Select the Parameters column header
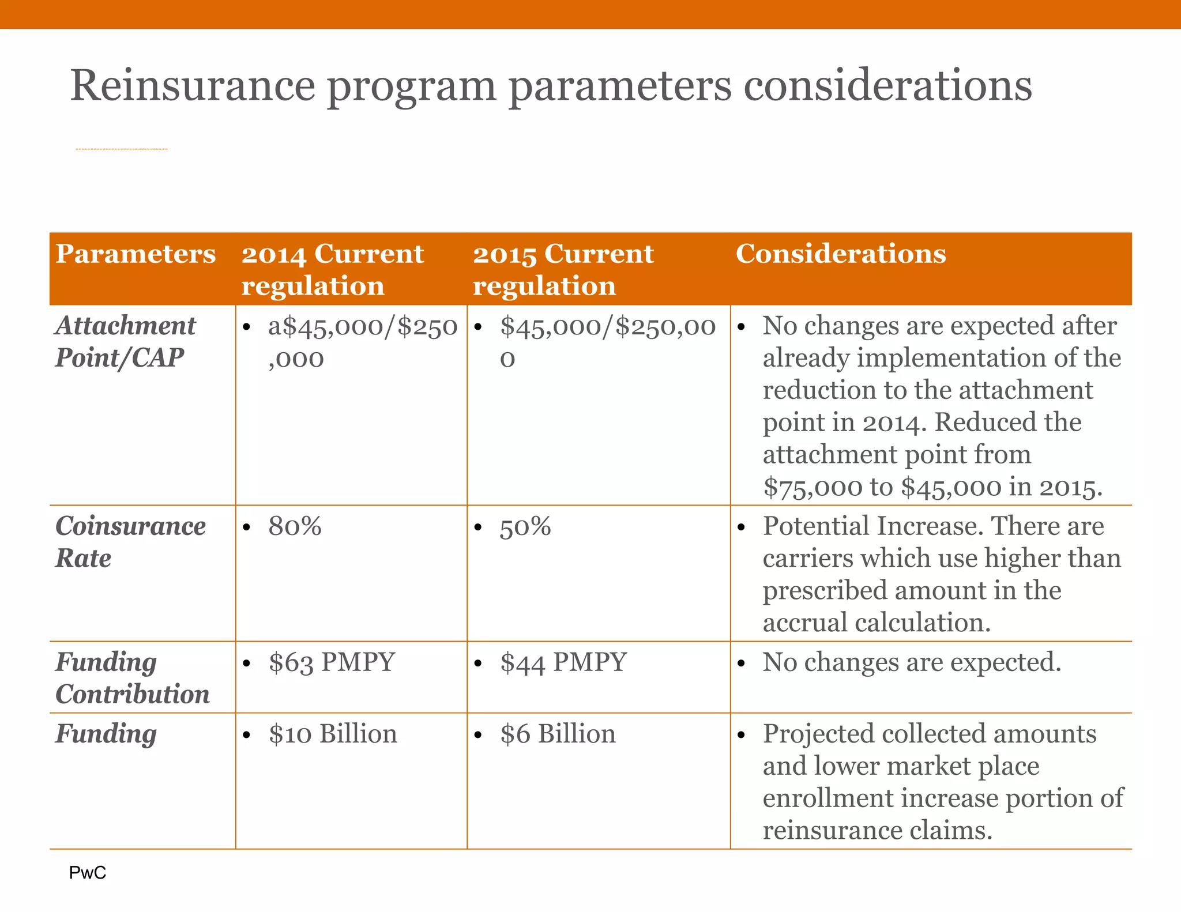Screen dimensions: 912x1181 136,254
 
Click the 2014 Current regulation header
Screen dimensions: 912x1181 332,269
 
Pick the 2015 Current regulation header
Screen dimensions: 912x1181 563,269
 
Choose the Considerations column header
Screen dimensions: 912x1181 840,254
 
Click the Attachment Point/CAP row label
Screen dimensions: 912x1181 126,341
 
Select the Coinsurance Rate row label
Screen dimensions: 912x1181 130,542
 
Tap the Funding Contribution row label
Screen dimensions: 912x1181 132,678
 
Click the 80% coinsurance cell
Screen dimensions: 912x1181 295,526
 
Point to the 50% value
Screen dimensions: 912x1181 525,526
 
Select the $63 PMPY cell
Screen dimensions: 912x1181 332,662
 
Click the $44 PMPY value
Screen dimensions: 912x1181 563,662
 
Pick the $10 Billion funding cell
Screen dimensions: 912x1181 333,734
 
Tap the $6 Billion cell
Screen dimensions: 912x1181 558,734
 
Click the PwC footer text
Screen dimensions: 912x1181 88,873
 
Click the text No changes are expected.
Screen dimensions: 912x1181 912,662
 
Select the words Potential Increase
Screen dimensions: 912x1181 872,526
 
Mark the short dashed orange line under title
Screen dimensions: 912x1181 122,149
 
